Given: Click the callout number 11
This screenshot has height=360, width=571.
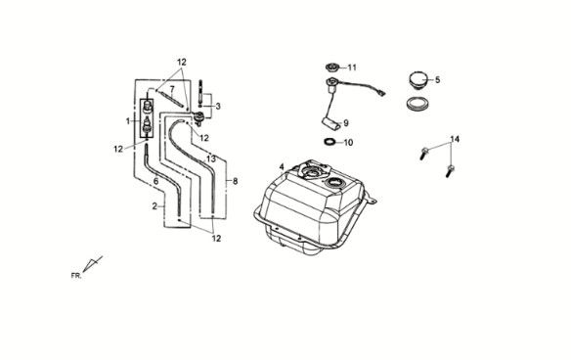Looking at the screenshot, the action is click(x=352, y=67).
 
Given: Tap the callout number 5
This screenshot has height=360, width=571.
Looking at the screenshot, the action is click(x=437, y=79).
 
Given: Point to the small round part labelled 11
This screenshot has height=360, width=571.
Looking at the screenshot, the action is click(x=331, y=67).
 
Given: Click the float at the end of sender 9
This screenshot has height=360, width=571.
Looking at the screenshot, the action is click(x=331, y=123).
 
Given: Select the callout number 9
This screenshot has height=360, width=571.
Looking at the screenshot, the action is click(x=346, y=123).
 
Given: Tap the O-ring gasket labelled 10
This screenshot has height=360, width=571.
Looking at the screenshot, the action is click(x=329, y=142).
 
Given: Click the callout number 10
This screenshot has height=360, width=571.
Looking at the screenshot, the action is click(x=348, y=143).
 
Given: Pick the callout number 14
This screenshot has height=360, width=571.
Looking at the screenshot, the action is click(x=455, y=139).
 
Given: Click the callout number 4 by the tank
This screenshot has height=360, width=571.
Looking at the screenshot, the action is click(x=282, y=167).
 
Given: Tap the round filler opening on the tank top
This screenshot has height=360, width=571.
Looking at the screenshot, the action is click(x=333, y=182).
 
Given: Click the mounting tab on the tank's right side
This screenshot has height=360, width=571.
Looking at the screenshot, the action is click(x=372, y=200).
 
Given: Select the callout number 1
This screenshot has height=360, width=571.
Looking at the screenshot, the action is click(x=128, y=121).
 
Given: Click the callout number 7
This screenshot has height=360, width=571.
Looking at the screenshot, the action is click(x=172, y=89).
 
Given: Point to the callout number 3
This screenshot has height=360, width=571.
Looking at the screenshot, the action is click(x=218, y=107).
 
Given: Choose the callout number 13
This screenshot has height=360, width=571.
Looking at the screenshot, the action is click(x=211, y=158).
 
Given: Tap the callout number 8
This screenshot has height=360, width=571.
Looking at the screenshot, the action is click(x=236, y=181).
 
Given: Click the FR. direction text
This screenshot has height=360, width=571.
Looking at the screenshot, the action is click(x=76, y=276).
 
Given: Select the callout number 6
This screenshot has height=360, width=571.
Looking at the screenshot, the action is click(x=155, y=181).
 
